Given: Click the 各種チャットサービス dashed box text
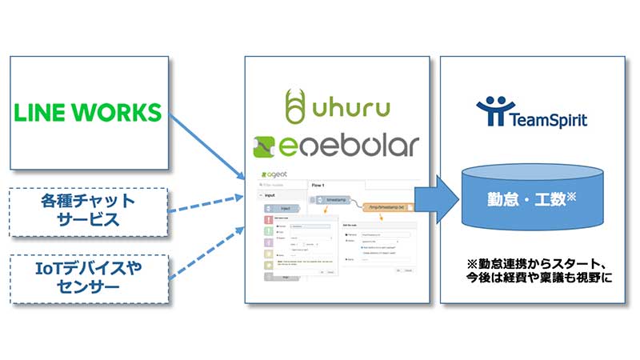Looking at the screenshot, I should click(x=89, y=210).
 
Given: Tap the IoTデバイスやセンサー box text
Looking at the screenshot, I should click(x=89, y=277).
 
